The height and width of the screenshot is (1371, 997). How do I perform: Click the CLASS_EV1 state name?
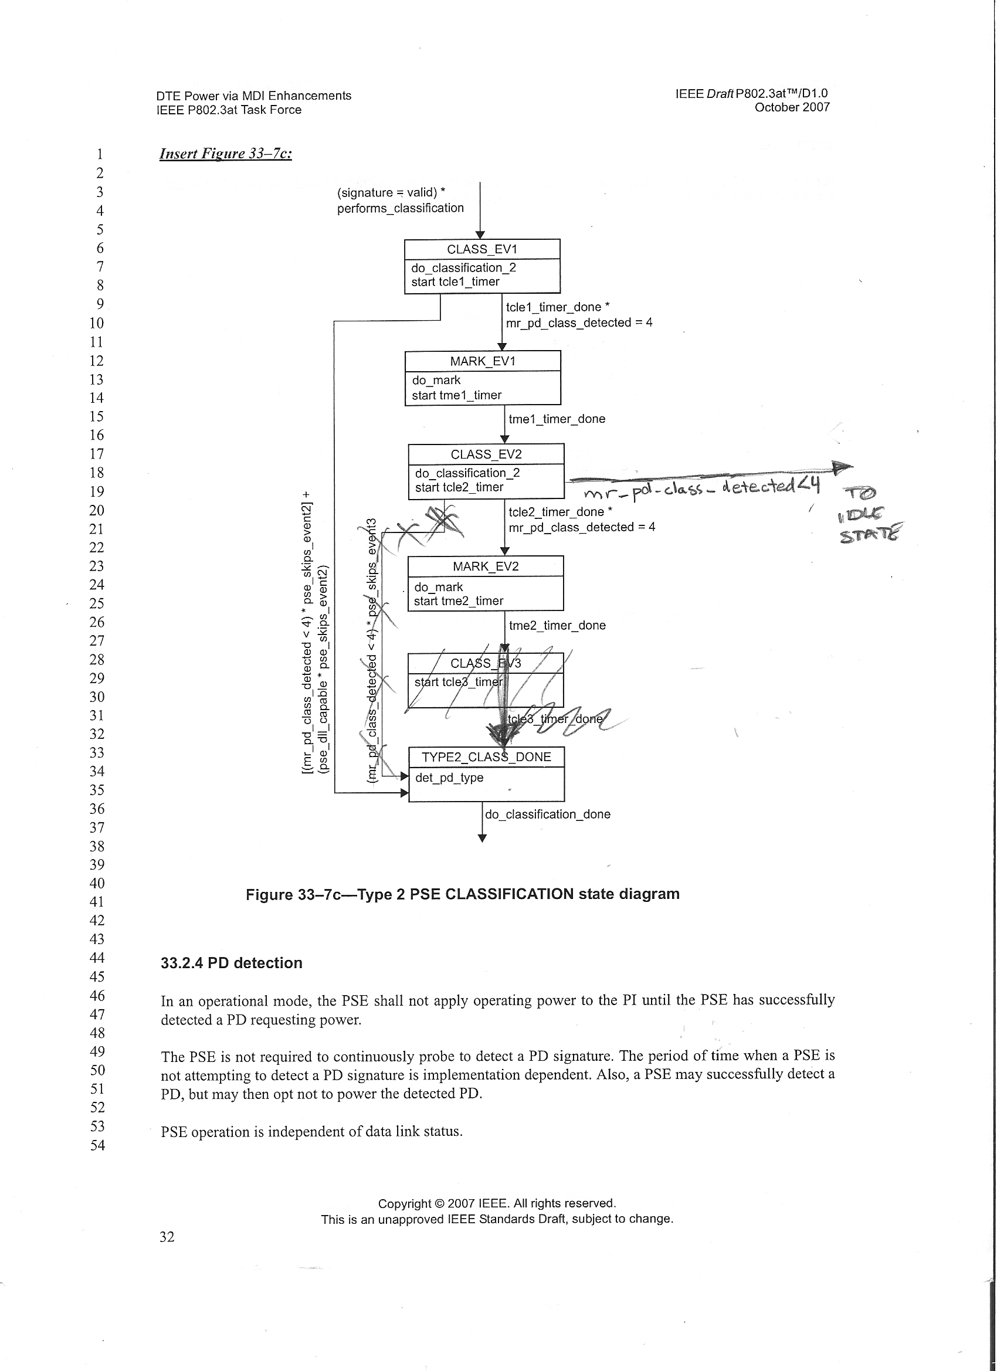[482, 249]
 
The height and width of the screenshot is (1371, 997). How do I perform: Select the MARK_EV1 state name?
[483, 361]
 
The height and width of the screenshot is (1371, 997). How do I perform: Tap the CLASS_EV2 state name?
[486, 454]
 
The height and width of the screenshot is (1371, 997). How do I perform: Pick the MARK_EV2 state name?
[486, 566]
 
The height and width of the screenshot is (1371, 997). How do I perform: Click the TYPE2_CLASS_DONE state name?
[486, 757]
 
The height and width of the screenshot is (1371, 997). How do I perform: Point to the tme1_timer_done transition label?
[557, 419]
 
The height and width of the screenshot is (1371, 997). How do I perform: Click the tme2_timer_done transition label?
[557, 625]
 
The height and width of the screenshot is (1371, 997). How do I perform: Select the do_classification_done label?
[548, 815]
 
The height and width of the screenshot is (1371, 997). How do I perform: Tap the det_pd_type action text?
[449, 778]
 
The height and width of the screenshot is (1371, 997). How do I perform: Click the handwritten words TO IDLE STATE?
[869, 514]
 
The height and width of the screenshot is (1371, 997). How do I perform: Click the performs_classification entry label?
[400, 208]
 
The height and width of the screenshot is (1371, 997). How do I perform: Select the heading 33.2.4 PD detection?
[231, 963]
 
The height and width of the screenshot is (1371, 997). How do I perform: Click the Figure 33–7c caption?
[463, 894]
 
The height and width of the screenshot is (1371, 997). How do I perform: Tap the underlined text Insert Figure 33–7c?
[226, 154]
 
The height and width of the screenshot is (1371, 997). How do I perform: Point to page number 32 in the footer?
[167, 1237]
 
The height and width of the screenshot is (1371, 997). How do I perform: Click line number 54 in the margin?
[97, 1145]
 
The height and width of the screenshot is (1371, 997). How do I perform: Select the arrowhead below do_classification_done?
[482, 838]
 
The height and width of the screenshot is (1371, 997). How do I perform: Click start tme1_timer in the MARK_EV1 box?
[456, 395]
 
